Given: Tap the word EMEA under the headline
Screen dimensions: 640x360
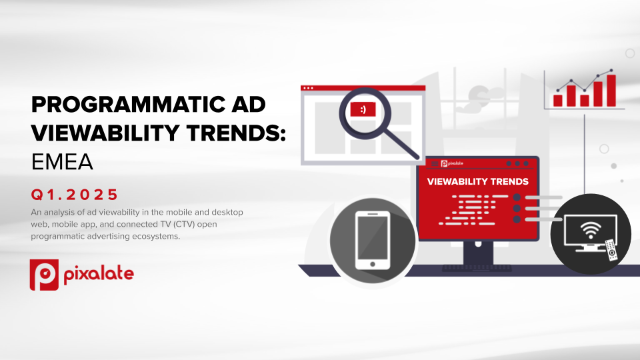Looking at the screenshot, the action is (x=62, y=162).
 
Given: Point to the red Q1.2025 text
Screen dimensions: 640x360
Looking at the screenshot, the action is (x=74, y=194).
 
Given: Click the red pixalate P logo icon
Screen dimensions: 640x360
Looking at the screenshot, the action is (x=44, y=275).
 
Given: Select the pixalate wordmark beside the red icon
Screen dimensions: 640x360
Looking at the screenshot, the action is (x=99, y=273).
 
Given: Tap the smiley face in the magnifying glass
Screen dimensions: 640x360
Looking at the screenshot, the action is (x=363, y=109).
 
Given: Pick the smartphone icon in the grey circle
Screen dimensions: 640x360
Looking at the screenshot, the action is (x=373, y=241).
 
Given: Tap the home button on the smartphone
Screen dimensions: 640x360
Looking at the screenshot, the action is (x=373, y=264).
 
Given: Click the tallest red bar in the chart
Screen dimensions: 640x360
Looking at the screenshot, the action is (x=611, y=91).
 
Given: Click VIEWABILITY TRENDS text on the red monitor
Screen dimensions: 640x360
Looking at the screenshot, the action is (x=477, y=181).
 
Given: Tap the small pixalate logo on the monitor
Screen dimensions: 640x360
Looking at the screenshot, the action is (x=452, y=164).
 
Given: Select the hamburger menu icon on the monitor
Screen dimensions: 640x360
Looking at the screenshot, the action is (x=435, y=164).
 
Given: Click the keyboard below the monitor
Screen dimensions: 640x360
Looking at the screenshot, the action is (x=477, y=268).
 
